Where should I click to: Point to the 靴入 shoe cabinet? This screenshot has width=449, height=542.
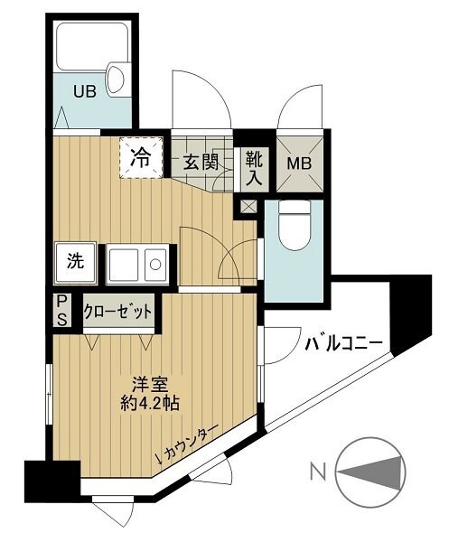(254, 169)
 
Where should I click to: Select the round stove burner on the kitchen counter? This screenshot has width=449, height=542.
(155, 266)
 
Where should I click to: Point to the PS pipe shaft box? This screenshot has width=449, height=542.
(61, 310)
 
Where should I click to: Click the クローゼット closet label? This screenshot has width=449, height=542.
(117, 312)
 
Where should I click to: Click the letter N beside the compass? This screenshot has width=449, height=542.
(317, 471)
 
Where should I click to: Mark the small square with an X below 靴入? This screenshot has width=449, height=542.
(247, 205)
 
